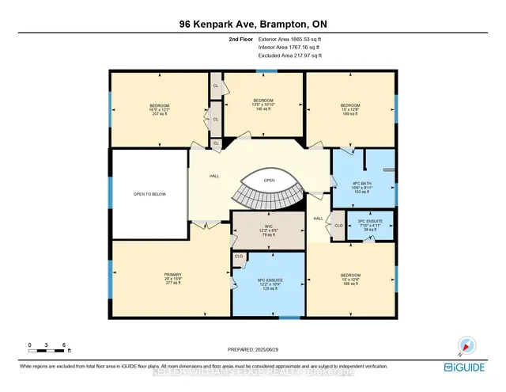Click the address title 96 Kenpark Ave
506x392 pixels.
point(252,23)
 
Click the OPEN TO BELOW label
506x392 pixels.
point(148,192)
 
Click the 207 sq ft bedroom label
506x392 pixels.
point(160,109)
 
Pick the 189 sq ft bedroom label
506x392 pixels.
point(350,109)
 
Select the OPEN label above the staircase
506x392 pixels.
point(268,181)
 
